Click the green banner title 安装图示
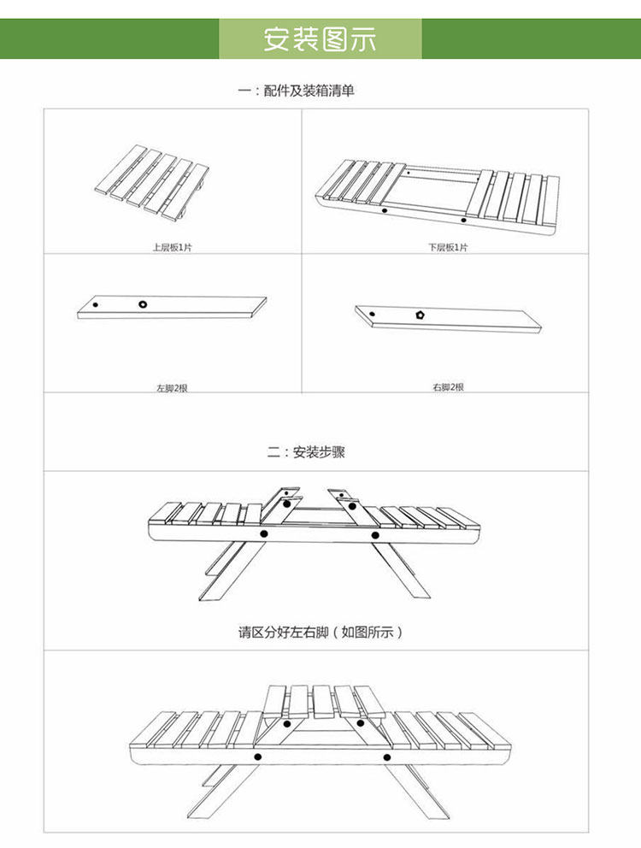click(320, 39)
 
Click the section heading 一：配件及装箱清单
click(296, 91)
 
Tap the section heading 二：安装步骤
click(306, 452)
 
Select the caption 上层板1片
click(172, 247)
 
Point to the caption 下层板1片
click(448, 247)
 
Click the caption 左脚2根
click(171, 388)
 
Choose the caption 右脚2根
click(448, 387)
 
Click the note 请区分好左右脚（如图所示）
click(320, 633)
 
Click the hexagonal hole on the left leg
click(142, 303)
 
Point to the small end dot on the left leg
click(96, 304)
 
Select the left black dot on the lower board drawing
click(385, 209)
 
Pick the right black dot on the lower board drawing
click(464, 220)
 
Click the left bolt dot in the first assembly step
click(264, 534)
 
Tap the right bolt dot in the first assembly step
click(375, 535)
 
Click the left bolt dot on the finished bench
click(257, 757)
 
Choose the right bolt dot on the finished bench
click(386, 757)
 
